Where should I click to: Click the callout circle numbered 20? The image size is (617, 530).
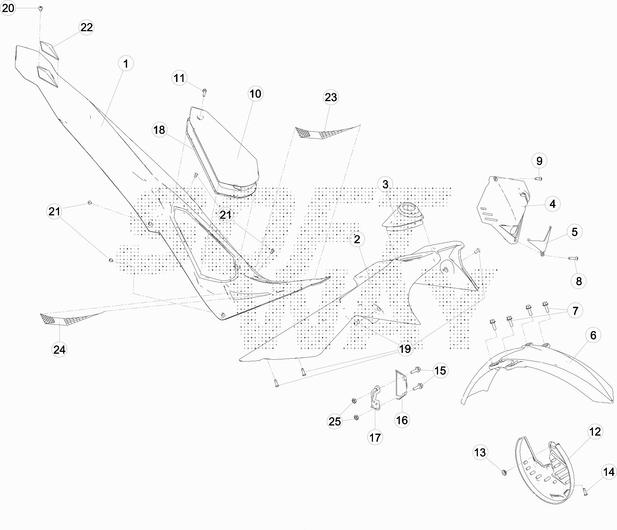tap(8, 8)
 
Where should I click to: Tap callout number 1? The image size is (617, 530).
tap(126, 64)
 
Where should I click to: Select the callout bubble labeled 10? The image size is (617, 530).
tap(255, 93)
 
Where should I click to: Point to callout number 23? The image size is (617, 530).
tap(330, 97)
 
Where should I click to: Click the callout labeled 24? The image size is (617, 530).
tap(59, 350)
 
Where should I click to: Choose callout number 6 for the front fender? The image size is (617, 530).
tap(593, 335)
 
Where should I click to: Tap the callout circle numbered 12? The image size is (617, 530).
tap(595, 432)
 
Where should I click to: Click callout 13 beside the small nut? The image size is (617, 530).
tap(480, 452)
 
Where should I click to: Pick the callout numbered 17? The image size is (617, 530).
tap(375, 437)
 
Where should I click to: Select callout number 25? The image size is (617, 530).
tap(335, 421)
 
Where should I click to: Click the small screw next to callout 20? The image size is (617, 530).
tap(41, 8)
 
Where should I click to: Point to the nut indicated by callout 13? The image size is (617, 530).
tap(504, 471)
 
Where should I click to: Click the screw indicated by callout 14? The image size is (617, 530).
tap(585, 490)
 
